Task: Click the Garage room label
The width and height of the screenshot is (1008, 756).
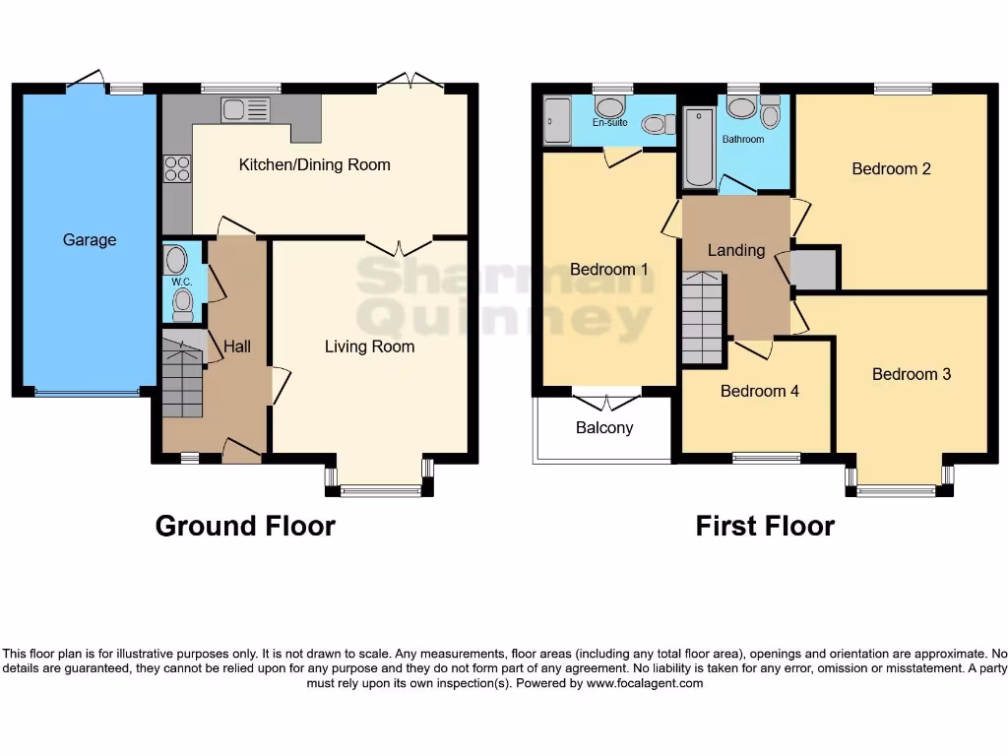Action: pyautogui.click(x=90, y=239)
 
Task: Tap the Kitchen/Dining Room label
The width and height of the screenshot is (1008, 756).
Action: pyautogui.click(x=314, y=164)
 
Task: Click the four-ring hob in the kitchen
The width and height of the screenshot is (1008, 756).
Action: pyautogui.click(x=177, y=169)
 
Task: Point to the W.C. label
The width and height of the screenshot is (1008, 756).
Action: pyautogui.click(x=181, y=282)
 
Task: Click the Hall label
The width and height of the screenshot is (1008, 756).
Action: pyautogui.click(x=237, y=346)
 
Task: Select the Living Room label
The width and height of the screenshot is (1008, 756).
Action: pyautogui.click(x=369, y=346)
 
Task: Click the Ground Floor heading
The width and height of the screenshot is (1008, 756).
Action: pyautogui.click(x=245, y=526)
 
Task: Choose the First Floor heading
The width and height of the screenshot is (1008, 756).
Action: pyautogui.click(x=765, y=526)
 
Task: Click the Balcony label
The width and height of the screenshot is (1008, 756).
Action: pyautogui.click(x=604, y=427)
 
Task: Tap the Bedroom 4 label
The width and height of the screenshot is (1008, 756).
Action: pyautogui.click(x=759, y=391)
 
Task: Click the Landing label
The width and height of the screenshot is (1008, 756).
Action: pyautogui.click(x=736, y=250)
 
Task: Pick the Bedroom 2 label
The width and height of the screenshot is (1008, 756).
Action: pyautogui.click(x=891, y=168)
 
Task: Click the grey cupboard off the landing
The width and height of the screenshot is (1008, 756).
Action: pyautogui.click(x=814, y=269)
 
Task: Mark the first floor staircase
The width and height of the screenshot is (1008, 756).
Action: pyautogui.click(x=702, y=317)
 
